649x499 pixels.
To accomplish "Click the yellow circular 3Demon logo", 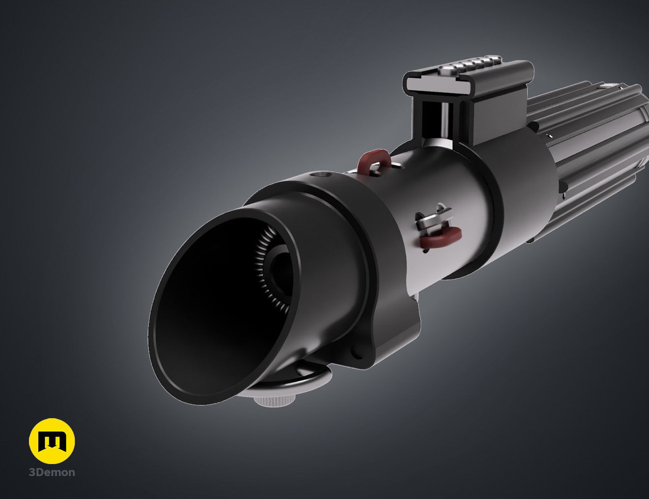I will click(x=52, y=441).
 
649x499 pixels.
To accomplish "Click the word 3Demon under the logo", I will click(x=52, y=473).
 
